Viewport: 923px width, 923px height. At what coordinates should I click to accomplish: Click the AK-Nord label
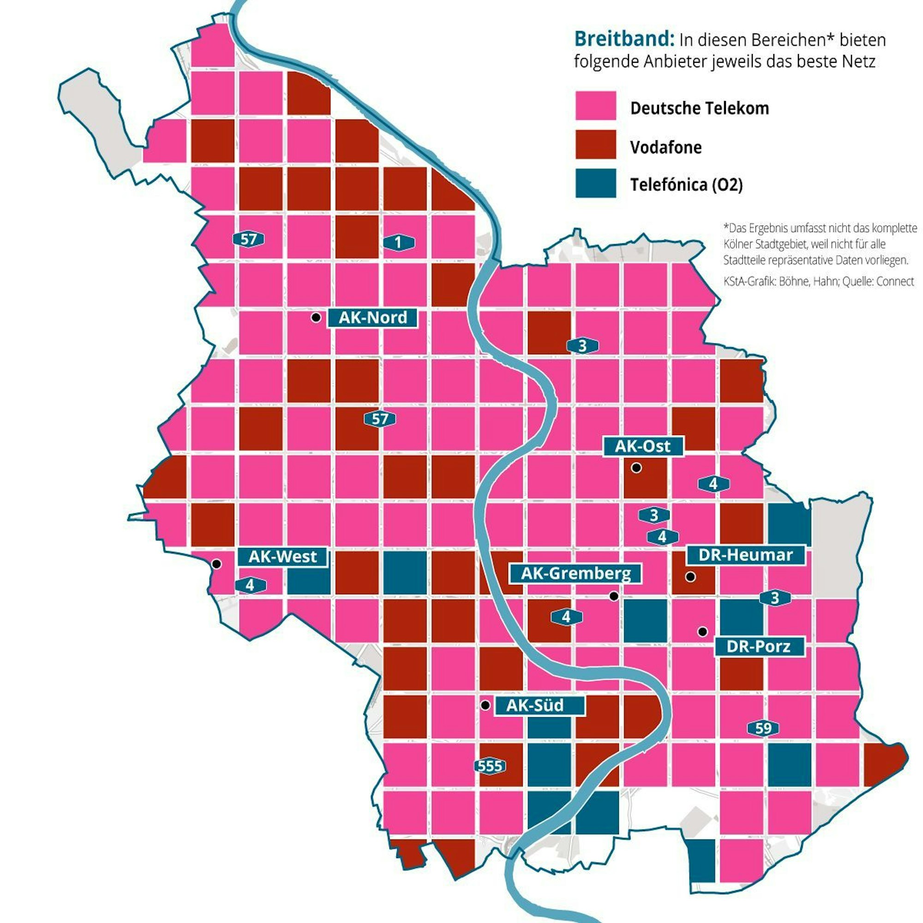point(372,318)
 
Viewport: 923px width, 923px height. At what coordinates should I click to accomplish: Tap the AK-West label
point(283,557)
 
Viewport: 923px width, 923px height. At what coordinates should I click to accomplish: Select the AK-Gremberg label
point(575,573)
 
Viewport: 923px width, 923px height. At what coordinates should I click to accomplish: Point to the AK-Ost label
point(643,446)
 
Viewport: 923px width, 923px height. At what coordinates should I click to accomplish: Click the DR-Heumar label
point(746,555)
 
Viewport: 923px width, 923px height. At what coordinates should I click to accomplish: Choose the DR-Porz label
point(759,647)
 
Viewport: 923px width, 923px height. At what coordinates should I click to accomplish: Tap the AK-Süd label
point(539,705)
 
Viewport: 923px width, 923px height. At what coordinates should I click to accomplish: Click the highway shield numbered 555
point(490,766)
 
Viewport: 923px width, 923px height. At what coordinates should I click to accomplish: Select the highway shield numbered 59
point(763,728)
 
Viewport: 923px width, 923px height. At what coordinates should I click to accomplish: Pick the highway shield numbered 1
point(398,243)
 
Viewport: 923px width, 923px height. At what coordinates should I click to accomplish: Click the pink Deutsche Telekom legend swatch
point(595,106)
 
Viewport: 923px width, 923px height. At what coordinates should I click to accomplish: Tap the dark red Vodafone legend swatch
point(595,144)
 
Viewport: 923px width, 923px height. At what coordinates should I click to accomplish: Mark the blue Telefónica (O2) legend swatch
point(595,183)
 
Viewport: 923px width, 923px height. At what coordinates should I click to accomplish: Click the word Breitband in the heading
point(624,39)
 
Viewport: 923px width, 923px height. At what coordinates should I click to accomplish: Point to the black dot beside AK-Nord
point(316,317)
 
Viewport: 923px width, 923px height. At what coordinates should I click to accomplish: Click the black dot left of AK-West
point(216,564)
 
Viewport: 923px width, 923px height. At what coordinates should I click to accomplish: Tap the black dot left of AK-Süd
point(485,705)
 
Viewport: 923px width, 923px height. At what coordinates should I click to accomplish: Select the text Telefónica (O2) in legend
point(686,185)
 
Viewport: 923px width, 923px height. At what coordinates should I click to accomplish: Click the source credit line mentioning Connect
point(818,282)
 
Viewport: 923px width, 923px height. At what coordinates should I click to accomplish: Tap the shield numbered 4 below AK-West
point(250,585)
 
